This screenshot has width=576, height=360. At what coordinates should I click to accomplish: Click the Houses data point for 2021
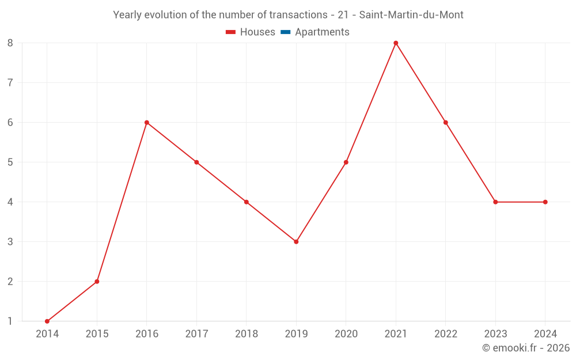[396, 43]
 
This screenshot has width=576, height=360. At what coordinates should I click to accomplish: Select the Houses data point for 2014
[47, 321]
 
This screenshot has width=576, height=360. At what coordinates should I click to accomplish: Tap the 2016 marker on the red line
[147, 123]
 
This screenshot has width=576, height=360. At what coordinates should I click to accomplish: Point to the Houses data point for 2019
[296, 242]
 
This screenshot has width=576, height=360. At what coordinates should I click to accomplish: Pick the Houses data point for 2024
[545, 202]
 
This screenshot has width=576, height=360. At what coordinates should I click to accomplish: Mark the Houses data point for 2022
[446, 123]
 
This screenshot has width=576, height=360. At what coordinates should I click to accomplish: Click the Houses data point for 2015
[97, 282]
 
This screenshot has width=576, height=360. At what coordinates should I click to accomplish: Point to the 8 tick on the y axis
[10, 43]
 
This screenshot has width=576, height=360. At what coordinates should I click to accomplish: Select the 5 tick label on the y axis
[10, 162]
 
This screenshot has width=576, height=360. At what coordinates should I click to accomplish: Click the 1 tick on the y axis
[10, 321]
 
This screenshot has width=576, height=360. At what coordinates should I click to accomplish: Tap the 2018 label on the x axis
[247, 334]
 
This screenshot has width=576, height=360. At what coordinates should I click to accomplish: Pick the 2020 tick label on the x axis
[346, 334]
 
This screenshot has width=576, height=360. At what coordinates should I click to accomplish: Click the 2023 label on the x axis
[495, 334]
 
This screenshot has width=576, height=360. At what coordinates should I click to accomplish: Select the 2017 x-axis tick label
[196, 334]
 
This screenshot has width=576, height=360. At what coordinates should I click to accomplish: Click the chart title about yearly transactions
[288, 15]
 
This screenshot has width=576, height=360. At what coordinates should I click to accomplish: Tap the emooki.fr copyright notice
[525, 348]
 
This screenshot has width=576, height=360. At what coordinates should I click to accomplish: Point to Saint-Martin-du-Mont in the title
[411, 15]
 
